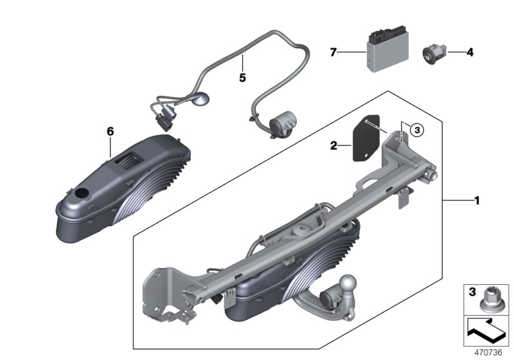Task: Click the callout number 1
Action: [x=477, y=201]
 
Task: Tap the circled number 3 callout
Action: [x=416, y=130]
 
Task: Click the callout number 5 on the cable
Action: [x=242, y=78]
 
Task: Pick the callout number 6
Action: [x=110, y=131]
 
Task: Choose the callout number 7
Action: [x=333, y=52]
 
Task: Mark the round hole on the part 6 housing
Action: [x=82, y=195]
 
